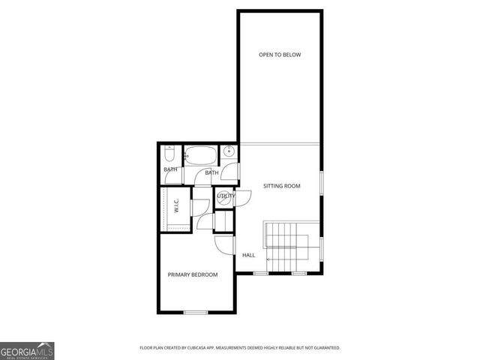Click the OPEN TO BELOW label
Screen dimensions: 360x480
pos(280,55)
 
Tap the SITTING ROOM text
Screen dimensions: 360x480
pos(281,185)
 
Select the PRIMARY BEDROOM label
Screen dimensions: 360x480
pos(193,274)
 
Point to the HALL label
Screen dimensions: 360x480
pos(248,255)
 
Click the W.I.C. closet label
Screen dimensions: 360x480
pos(175,203)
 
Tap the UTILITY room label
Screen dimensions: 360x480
pos(225,196)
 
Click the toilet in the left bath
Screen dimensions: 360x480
pos(170,156)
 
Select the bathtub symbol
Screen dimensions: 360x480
pos(200,156)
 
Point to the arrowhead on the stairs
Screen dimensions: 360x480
pos(268,259)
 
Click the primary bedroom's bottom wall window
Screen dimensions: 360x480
pos(196,312)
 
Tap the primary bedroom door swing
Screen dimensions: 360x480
pos(225,244)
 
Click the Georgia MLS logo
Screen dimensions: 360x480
pos(27,350)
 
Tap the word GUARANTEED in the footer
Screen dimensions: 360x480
pos(324,348)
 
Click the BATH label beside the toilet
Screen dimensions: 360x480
pos(170,170)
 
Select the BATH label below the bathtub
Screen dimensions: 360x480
pos(212,173)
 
